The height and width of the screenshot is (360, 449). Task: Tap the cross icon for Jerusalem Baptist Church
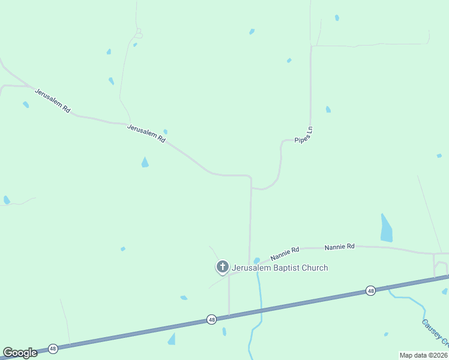coord(222,266)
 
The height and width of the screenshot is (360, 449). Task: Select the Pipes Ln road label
coord(304,135)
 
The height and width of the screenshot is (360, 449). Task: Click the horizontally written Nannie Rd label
coord(340,247)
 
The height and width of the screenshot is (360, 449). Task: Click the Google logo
coord(20,352)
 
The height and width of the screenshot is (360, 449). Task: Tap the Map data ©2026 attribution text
coord(423,355)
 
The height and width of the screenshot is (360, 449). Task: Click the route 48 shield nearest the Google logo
coord(53,348)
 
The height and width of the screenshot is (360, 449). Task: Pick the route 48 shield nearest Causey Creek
coord(370,290)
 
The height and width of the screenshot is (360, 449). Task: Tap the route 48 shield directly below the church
coord(211,320)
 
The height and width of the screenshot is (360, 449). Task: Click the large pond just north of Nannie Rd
coord(386,228)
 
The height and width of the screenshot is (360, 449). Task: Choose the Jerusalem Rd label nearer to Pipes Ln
coord(146,132)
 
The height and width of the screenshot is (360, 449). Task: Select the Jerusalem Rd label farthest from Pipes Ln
coord(53,101)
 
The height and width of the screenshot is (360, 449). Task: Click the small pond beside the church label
coord(257,260)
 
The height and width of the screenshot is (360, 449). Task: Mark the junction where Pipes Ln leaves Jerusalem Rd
coord(251,188)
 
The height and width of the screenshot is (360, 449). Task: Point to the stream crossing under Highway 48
coord(261,309)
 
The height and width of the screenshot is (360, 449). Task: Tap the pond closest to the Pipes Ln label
coord(328,109)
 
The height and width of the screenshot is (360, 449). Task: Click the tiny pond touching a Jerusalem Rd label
coord(165,131)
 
